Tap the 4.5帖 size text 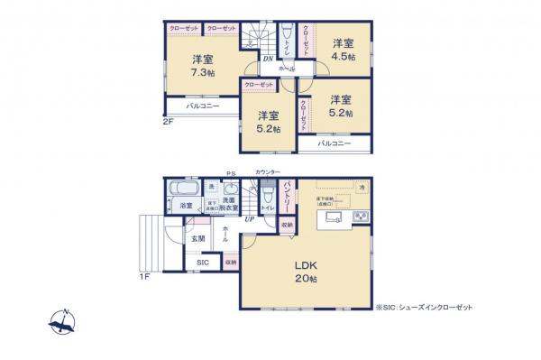pyautogui.click(x=342, y=56)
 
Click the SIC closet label pyautogui.click(x=202, y=263)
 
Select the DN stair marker pyautogui.click(x=268, y=60)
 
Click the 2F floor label pyautogui.click(x=168, y=121)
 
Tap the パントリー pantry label pyautogui.click(x=287, y=196)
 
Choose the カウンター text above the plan pyautogui.click(x=268, y=171)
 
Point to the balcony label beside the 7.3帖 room pyautogui.click(x=204, y=106)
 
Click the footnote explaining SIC pyautogui.click(x=424, y=307)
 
